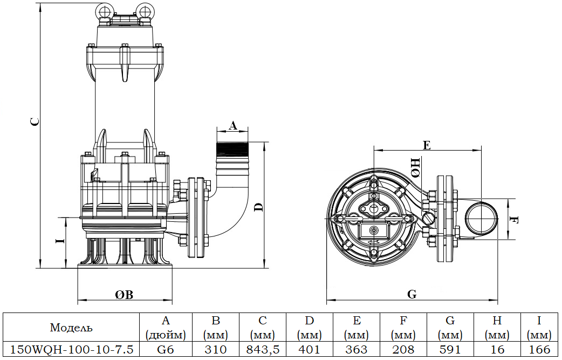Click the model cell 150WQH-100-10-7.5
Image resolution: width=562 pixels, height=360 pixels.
point(72,350)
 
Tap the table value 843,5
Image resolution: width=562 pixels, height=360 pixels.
point(263,350)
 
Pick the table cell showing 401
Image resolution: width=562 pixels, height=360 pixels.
point(309,350)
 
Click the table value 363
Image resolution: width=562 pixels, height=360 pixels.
point(356,350)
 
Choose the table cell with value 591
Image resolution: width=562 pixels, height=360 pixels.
point(450,350)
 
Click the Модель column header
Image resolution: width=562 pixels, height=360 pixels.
point(71,328)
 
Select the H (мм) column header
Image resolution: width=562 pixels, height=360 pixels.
point(497,327)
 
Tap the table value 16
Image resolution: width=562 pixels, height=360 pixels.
point(497,350)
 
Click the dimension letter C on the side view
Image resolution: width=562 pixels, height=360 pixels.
point(34,122)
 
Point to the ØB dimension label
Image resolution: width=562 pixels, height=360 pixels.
point(124,295)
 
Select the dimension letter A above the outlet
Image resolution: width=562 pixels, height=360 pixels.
point(232,125)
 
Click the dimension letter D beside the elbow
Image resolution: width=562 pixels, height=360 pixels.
point(258,207)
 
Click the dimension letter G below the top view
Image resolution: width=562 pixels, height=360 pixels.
point(412,294)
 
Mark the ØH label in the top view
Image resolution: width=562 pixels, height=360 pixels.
point(416,167)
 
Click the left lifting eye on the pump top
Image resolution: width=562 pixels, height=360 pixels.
point(104,10)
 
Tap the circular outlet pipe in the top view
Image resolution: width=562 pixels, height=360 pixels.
point(481,218)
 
